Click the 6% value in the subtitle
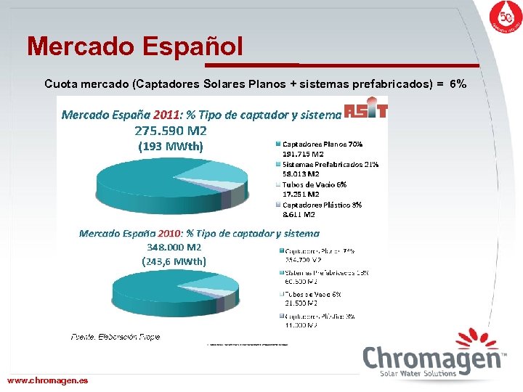(458, 84)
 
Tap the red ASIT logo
(365, 110)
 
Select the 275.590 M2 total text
(171, 131)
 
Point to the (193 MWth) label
(171, 146)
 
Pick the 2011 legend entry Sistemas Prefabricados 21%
(330, 164)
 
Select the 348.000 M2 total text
(174, 248)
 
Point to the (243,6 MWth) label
(174, 261)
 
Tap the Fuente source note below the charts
(115, 337)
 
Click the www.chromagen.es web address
(47, 380)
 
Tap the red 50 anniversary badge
(501, 19)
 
